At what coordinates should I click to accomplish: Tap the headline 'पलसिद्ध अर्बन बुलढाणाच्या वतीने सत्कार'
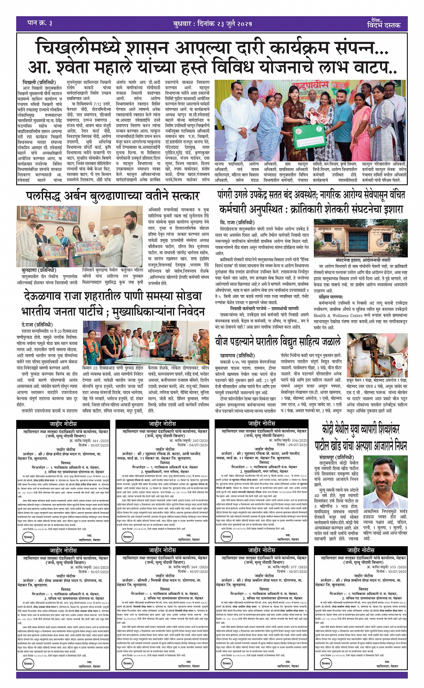click(112, 196)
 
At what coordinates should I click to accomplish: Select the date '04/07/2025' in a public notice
click(198, 445)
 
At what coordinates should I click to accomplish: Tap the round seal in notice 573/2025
click(326, 663)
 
